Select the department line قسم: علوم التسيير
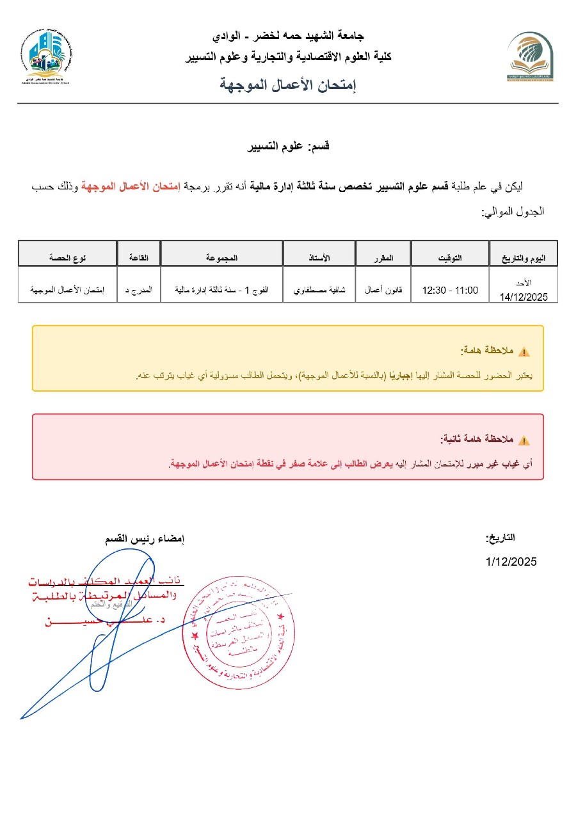[x=289, y=147]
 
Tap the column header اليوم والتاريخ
[x=522, y=257]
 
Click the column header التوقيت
[x=450, y=257]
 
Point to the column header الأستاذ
[x=319, y=257]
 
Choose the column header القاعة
[x=139, y=257]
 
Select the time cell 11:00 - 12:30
[x=450, y=290]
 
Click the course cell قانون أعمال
[x=383, y=290]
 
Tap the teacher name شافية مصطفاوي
[x=319, y=290]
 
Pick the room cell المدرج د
[x=139, y=290]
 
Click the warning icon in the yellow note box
[x=524, y=352]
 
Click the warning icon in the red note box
[x=524, y=440]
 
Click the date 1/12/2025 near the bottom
[x=511, y=562]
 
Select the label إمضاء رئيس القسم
[x=145, y=539]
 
